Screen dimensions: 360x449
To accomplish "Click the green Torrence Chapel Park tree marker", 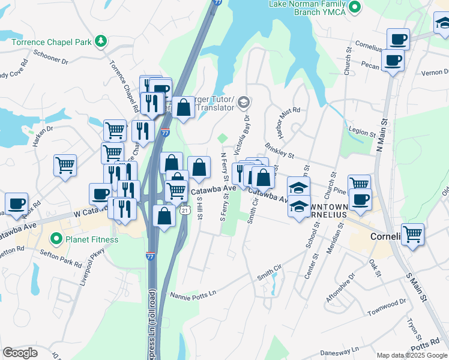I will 101,41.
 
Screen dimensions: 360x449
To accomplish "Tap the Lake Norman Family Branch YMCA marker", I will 355,7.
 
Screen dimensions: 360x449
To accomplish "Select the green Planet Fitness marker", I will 56,239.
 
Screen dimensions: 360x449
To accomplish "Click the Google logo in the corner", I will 20,352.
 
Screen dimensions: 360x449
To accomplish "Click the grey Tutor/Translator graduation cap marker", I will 243,102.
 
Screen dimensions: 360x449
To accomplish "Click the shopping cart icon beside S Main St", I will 412,233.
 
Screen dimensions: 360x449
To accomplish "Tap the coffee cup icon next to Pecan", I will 393,61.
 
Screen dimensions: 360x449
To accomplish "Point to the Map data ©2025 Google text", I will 411,355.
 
